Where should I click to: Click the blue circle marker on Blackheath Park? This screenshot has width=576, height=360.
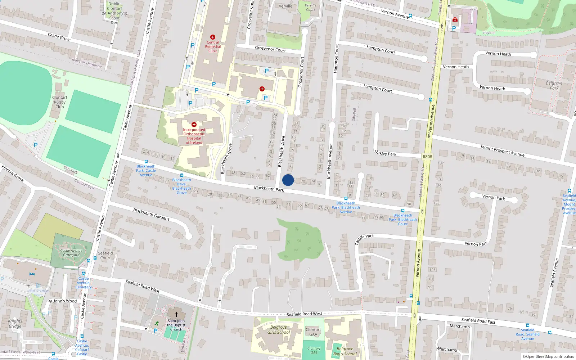pos(288,180)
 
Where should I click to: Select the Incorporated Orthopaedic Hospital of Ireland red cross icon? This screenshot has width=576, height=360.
pos(194,125)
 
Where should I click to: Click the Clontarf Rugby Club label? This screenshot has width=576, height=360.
pos(60,102)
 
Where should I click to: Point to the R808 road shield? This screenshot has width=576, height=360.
pos(427,157)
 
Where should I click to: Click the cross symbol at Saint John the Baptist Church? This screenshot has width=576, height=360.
pos(176,314)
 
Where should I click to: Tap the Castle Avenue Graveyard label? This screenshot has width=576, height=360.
pos(71,253)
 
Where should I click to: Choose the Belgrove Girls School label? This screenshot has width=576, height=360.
pos(279,330)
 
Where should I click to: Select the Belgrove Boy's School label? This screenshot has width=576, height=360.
pos(345,351)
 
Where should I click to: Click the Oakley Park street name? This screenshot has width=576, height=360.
pos(386,153)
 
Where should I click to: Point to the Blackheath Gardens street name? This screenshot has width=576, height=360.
pos(151,214)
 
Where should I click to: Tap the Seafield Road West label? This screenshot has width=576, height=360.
pos(143,286)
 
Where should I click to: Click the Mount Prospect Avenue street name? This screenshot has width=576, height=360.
pos(503,150)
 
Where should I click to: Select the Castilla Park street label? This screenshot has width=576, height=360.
pos(364,239)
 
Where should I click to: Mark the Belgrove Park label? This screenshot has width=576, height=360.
pos(554,85)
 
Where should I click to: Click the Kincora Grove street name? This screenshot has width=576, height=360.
pos(13,173)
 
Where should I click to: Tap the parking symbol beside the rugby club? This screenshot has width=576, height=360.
pos(36,145)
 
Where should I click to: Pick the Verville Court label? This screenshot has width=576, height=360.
pos(310,8)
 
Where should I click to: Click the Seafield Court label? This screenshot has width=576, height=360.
pos(105,255)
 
